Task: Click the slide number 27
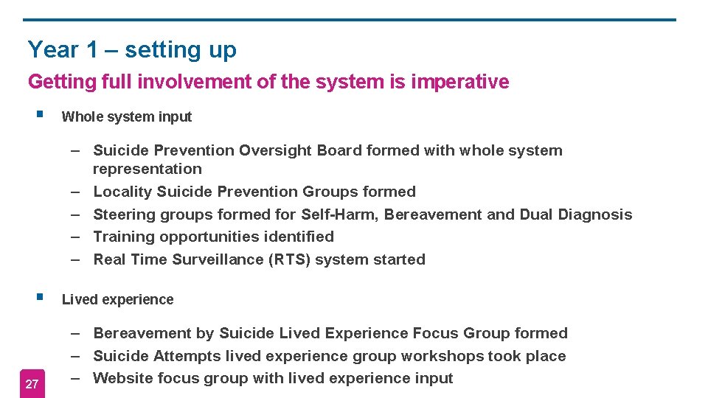coord(32,384)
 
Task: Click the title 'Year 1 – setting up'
coord(132,50)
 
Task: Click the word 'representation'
coord(147,169)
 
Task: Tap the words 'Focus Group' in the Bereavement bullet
coord(462,333)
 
